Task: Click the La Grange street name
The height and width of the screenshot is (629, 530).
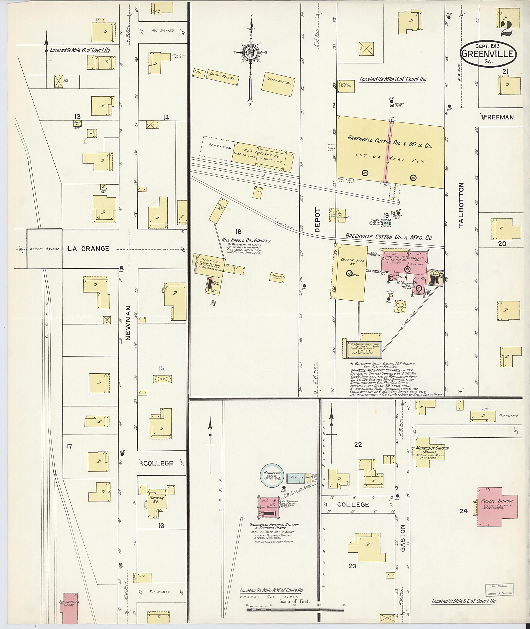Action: pos(88,249)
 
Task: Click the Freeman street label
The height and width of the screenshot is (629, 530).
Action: pos(498,118)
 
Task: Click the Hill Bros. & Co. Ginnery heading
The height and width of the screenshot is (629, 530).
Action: pos(246,241)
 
